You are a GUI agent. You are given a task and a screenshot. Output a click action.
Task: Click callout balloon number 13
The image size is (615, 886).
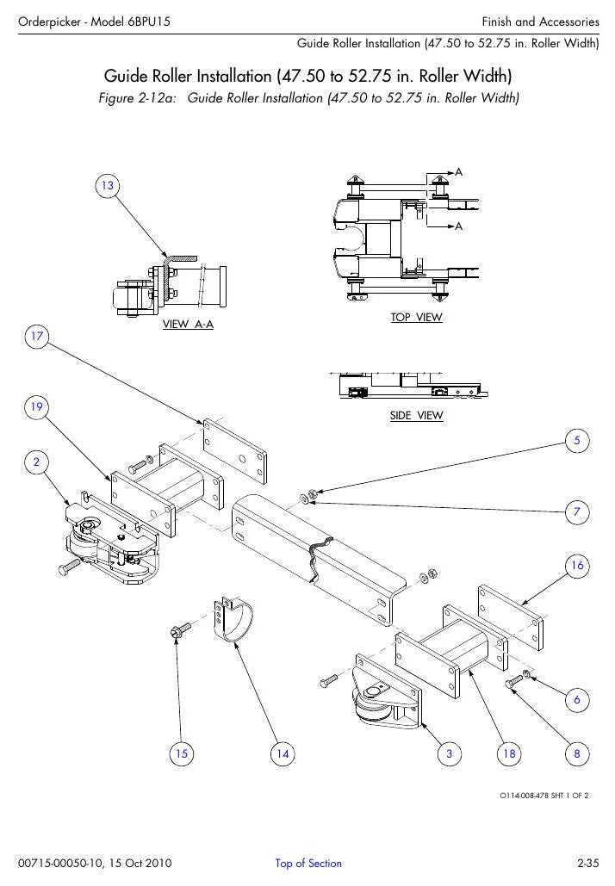[108, 186]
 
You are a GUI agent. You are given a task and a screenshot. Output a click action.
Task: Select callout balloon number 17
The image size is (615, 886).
[37, 337]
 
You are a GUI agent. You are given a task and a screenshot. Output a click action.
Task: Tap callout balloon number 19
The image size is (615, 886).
[37, 406]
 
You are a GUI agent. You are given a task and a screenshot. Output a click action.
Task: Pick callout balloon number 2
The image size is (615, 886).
[37, 462]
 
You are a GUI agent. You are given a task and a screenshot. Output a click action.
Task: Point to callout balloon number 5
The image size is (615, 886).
[577, 441]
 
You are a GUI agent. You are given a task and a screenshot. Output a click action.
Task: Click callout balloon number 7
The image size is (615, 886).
[577, 512]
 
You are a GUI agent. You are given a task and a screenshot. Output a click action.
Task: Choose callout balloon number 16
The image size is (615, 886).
[577, 566]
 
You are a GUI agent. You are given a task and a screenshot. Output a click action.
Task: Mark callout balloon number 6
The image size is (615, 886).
[577, 699]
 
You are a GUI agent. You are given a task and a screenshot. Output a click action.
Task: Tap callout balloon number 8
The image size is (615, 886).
[577, 753]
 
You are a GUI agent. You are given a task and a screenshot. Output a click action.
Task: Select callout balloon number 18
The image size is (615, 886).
[509, 753]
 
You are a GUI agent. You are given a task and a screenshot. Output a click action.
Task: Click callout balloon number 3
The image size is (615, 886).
[450, 753]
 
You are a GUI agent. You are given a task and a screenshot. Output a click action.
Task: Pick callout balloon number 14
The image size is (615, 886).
[283, 753]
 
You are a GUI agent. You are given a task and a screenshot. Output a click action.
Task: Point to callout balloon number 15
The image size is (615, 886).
[182, 753]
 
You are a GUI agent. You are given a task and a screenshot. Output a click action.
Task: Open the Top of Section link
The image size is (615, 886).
[308, 863]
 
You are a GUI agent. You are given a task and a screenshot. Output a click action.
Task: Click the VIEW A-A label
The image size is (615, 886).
[189, 325]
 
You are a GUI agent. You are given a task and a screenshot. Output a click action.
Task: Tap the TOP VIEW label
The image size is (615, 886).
[417, 317]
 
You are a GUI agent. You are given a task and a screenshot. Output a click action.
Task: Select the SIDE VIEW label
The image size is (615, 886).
[417, 415]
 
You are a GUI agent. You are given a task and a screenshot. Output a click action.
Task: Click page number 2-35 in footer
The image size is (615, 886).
[587, 863]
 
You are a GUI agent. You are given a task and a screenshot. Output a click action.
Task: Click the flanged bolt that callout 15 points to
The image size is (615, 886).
[180, 629]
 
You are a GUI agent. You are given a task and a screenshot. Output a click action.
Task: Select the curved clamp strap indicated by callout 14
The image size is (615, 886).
[233, 620]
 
